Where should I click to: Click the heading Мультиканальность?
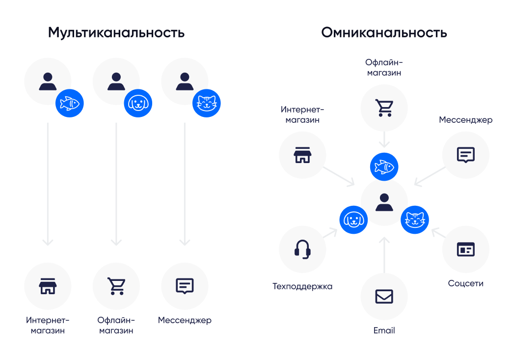pos(116,33)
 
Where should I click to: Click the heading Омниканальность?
pos(384,33)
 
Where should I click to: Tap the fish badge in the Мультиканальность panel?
pos(69,103)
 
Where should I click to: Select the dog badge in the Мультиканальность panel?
pos(138,103)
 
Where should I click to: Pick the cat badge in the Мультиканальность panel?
pos(207,103)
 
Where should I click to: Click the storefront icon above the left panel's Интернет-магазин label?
pos(48,286)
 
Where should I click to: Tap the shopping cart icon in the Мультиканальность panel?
pos(116,286)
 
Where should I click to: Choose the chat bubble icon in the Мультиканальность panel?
pos(185,286)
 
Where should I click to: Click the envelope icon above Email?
pos(384,297)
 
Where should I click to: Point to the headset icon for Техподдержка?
pos(302,249)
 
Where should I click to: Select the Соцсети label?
pos(465,283)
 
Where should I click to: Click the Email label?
pos(384,331)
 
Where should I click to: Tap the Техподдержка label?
pos(302,286)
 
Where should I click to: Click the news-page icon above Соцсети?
pos(465,249)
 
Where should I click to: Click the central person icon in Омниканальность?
pos(384,202)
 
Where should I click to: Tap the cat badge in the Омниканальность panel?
pos(415,219)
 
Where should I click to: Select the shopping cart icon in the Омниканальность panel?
pos(384,108)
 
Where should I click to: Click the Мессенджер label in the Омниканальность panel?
pos(465,120)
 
